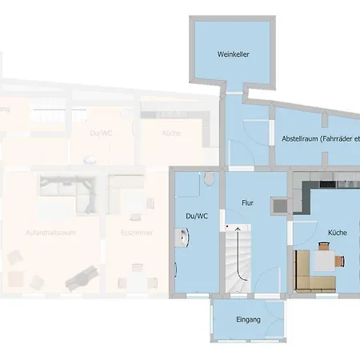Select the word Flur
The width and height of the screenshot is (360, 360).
[247, 204]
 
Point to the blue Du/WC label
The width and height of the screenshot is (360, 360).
[196, 216]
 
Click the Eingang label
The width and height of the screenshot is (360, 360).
[248, 320]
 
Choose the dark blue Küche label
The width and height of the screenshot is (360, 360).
[337, 233]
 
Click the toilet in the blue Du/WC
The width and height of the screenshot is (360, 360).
[210, 178]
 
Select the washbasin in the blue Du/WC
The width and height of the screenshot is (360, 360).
[185, 238]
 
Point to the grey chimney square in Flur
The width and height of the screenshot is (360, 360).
[280, 205]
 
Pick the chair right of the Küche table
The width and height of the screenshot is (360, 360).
[342, 260]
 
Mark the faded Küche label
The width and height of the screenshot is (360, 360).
[170, 134]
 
